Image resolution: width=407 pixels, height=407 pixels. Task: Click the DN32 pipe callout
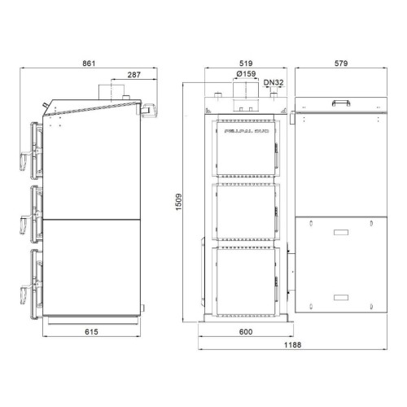point(274,82)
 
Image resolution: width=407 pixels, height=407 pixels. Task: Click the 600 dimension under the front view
point(244,332)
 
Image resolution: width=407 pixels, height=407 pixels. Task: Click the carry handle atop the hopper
point(339,102)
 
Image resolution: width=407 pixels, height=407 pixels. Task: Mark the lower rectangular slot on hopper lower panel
point(339,296)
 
